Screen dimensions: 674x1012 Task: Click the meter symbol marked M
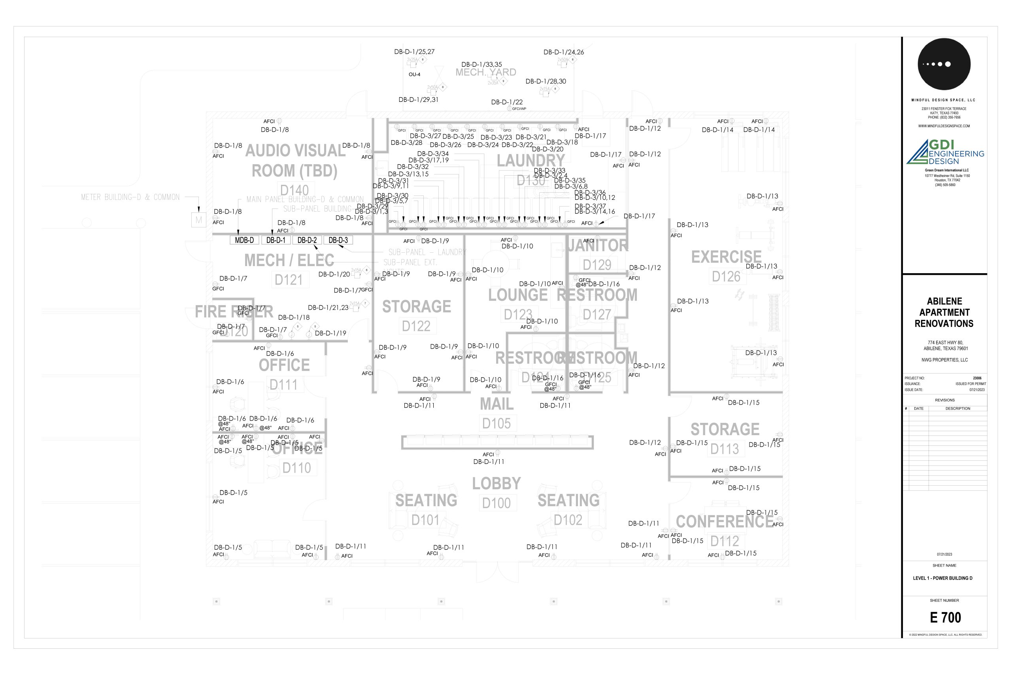(198, 220)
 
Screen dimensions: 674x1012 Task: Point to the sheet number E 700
(945, 618)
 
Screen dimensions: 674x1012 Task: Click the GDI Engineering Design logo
(945, 152)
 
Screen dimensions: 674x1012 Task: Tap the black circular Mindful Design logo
(944, 64)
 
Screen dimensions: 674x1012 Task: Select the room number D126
(726, 276)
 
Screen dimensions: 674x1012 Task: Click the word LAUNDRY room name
(531, 161)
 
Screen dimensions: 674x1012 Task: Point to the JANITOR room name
(597, 246)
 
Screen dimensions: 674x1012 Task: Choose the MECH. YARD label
(485, 72)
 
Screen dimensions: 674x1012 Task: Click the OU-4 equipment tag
(414, 74)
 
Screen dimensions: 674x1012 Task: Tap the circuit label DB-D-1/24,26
(563, 52)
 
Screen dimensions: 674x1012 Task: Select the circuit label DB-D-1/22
(507, 102)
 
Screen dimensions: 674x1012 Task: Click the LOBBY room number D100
(496, 503)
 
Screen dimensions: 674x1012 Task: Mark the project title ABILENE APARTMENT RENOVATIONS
(944, 312)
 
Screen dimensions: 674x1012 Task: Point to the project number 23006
(977, 378)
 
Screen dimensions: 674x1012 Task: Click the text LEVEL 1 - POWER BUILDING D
(942, 578)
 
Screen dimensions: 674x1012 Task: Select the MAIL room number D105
(496, 423)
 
